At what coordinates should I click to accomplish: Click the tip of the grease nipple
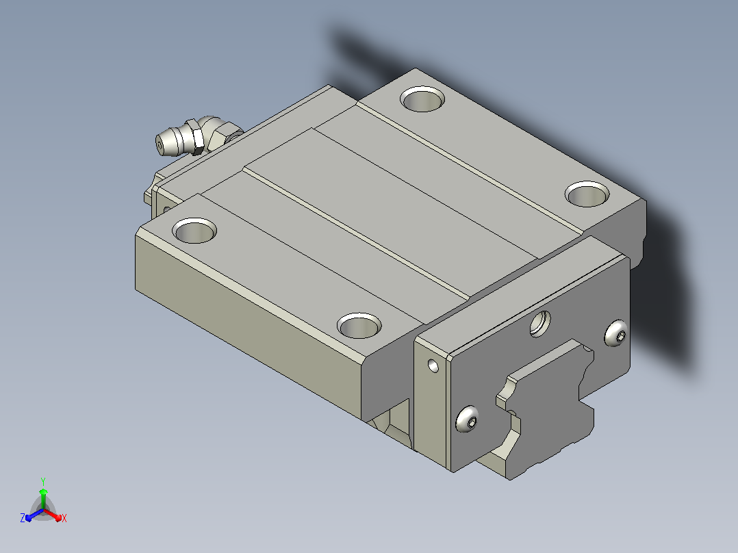point(160,145)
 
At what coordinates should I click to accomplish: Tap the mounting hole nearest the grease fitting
point(194,231)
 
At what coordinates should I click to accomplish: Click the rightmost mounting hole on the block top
point(587,194)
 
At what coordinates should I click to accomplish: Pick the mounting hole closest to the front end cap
point(359,325)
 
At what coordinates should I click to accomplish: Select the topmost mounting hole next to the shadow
point(422,99)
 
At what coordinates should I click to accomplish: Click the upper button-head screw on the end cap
point(616,333)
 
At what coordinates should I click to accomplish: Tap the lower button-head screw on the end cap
point(467,419)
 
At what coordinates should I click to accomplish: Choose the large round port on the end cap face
point(540,324)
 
